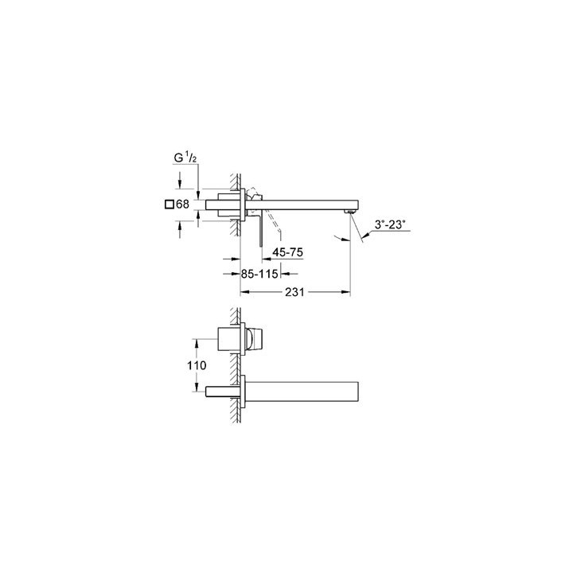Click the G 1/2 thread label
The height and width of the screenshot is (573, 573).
[183, 158]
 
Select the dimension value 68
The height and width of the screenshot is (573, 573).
[183, 205]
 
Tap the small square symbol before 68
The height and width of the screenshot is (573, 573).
[168, 205]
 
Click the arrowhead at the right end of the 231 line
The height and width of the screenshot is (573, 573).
[346, 292]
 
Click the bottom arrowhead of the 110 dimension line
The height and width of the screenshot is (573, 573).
[194, 391]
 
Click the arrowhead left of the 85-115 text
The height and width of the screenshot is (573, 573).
[236, 273]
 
